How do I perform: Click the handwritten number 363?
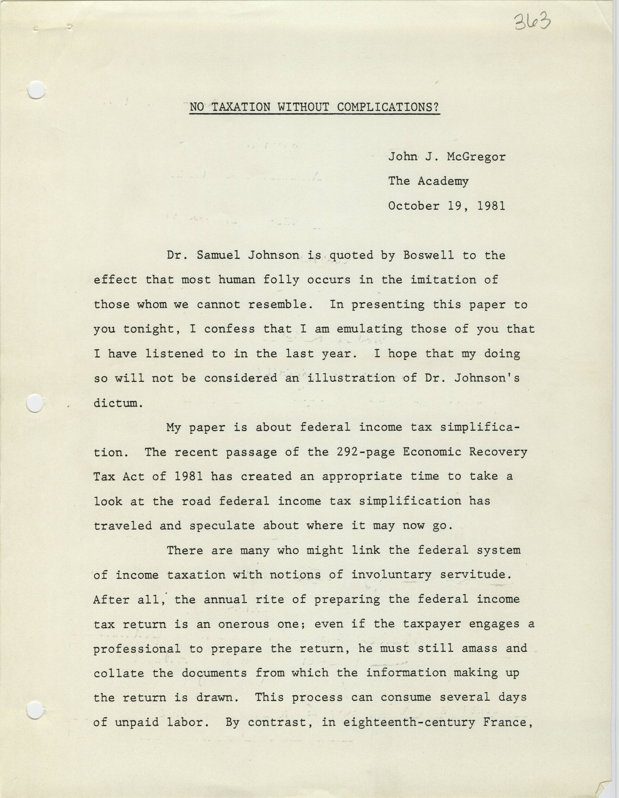(532, 22)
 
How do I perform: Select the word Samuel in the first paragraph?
(218, 255)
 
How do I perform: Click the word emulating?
(369, 329)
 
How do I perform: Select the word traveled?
(122, 526)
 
